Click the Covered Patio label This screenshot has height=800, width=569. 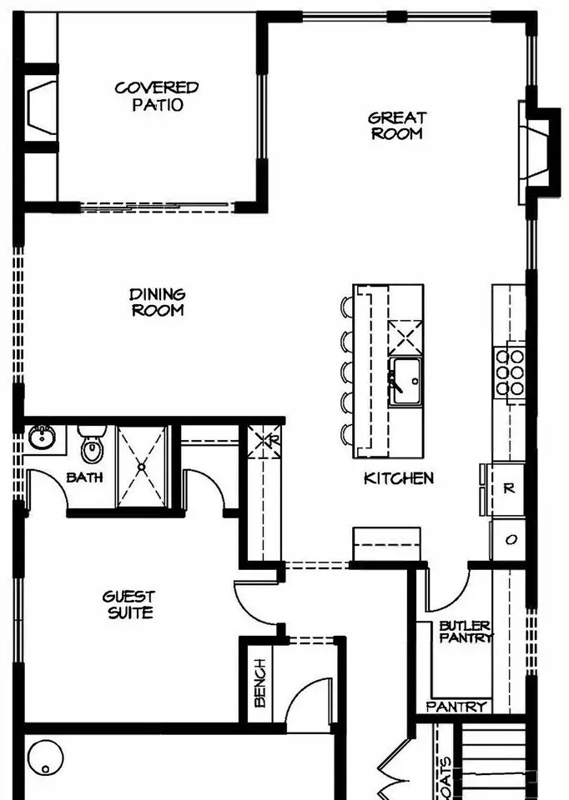[x=157, y=96]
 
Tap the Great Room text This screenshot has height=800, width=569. [x=397, y=126]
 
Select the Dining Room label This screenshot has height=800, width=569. [x=158, y=302]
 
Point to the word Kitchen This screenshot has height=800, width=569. [x=399, y=478]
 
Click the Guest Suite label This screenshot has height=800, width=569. [x=128, y=605]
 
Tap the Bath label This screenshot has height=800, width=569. [x=85, y=477]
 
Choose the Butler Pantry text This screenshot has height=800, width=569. [x=466, y=632]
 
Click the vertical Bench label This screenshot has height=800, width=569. [x=260, y=682]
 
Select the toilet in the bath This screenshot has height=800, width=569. [x=92, y=444]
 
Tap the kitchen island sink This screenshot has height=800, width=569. [x=405, y=382]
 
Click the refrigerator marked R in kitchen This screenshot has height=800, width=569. [x=508, y=489]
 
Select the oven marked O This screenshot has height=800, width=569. [x=509, y=539]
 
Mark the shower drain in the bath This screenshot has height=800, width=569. [x=142, y=467]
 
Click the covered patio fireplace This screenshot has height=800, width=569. [x=42, y=107]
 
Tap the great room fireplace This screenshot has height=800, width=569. [x=537, y=153]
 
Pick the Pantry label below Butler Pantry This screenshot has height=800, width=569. [x=456, y=707]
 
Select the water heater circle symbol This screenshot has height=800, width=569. [x=45, y=758]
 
